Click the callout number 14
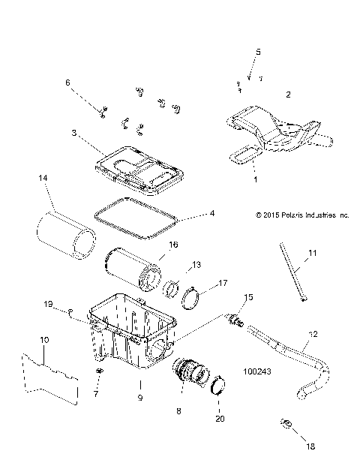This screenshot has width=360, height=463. [42, 178]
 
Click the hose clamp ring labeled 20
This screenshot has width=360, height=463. [219, 386]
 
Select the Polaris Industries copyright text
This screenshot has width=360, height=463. [301, 215]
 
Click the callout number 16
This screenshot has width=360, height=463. [172, 245]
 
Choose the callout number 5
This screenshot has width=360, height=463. [258, 52]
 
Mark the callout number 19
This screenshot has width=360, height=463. [48, 304]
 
